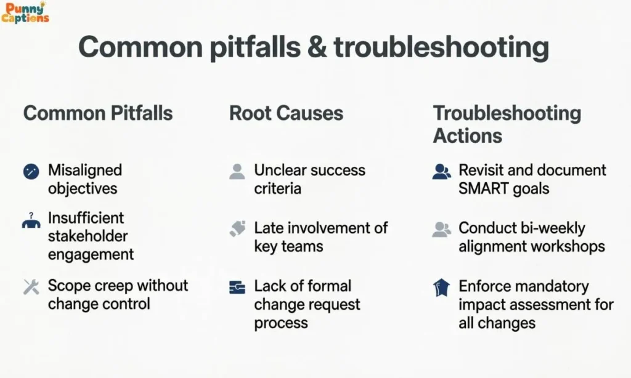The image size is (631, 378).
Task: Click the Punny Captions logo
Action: point(25,12)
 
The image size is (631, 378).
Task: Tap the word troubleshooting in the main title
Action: point(441,48)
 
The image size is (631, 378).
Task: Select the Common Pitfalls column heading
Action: point(98,113)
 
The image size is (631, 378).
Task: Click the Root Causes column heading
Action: point(287,113)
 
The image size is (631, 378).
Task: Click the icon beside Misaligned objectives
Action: point(31,172)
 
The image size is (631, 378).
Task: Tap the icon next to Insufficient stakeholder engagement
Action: point(31,220)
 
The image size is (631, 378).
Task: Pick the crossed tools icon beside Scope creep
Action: point(31,286)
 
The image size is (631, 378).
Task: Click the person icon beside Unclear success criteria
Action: point(237,171)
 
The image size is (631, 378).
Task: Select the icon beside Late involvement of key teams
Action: point(237,229)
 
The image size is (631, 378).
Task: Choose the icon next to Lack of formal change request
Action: point(237,287)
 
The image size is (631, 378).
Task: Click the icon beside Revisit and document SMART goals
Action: point(441,171)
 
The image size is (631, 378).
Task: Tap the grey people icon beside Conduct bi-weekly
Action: point(441,229)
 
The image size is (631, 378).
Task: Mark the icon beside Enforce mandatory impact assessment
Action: point(441,288)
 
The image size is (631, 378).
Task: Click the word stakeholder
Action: point(88,236)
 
